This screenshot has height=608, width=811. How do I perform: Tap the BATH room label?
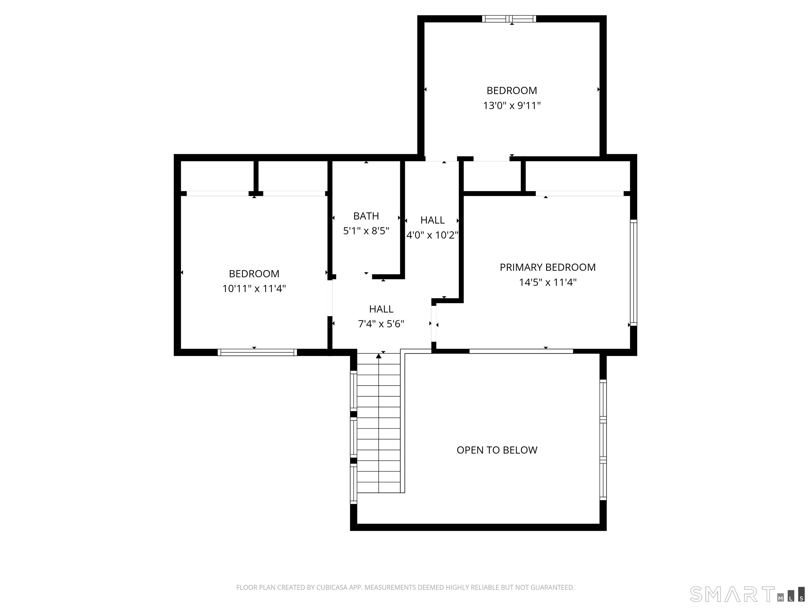click(x=366, y=216)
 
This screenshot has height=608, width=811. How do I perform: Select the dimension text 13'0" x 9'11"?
click(x=512, y=106)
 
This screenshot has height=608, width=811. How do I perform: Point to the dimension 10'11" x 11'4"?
click(x=254, y=289)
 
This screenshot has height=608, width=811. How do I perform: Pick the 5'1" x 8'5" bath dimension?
click(x=366, y=231)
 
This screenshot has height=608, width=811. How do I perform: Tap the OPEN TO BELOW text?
click(x=497, y=450)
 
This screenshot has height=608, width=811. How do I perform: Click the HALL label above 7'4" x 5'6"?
click(x=381, y=309)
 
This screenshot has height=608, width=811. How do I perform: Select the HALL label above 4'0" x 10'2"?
click(x=433, y=220)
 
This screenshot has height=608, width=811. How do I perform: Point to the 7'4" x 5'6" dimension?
click(x=381, y=324)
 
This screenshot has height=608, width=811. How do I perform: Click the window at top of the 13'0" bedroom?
click(x=509, y=19)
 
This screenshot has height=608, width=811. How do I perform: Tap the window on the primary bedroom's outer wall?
click(x=634, y=272)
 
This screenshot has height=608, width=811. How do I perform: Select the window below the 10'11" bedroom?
click(x=257, y=353)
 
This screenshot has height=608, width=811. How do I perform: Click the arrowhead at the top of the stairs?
click(x=379, y=355)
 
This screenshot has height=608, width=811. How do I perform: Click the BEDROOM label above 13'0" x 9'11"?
click(x=512, y=91)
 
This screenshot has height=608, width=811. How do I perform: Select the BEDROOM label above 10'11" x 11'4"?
click(x=254, y=274)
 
